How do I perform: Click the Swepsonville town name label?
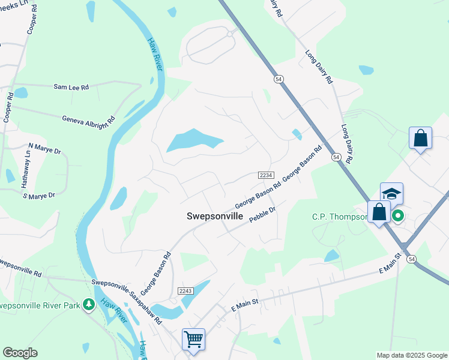pos(214,216)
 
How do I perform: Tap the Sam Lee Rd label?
pos(71,87)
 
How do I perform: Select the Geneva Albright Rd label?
pos(89,119)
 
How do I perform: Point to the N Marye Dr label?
pos(45,146)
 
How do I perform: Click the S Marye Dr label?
pos(38,195)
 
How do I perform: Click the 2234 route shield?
pos(267,175)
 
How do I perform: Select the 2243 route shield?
pos(185,291)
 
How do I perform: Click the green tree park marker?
pos(89,305)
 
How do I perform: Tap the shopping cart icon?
pos(193,339)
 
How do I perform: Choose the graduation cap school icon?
pos(391,194)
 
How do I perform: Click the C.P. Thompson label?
pos(339,217)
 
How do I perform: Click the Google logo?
pos(20,353)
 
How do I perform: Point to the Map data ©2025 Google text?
pos(411,355)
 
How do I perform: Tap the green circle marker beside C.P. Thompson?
pos(397,215)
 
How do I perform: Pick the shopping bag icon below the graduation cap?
pos(379,212)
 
